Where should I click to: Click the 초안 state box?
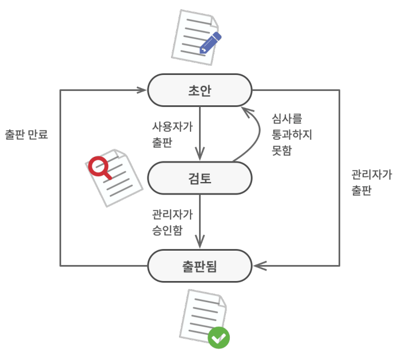click(200, 90)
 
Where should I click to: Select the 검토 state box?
click(200, 178)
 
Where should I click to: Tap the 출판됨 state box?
click(200, 266)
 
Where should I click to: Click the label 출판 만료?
click(26, 135)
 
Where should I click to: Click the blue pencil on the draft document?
click(210, 42)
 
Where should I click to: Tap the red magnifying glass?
click(99, 167)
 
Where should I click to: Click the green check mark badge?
click(218, 338)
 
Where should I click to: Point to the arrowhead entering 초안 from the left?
click(142, 90)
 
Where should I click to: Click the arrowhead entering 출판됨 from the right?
click(258, 266)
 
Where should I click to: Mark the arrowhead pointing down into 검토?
click(200, 155)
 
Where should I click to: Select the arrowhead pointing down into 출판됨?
click(200, 243)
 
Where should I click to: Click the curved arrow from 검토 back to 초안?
click(249, 140)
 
